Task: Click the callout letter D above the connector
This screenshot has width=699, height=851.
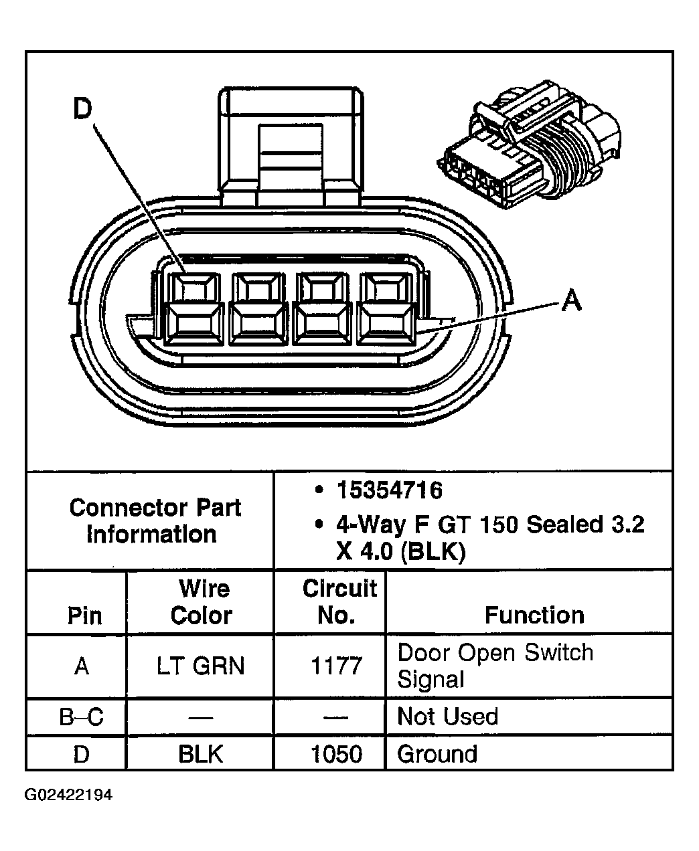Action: [82, 108]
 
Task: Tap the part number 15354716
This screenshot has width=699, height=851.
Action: [389, 490]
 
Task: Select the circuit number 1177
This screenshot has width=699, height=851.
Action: [336, 666]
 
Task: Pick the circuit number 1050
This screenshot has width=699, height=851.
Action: [336, 754]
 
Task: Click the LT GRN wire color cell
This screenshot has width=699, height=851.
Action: [201, 666]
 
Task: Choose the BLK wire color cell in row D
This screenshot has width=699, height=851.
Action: [201, 754]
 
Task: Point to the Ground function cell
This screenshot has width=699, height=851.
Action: [437, 754]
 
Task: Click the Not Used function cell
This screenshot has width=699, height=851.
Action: [447, 717]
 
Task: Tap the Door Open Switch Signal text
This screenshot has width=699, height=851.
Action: [495, 666]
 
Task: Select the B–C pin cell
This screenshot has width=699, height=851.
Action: [82, 717]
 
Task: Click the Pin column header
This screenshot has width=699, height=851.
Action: [85, 616]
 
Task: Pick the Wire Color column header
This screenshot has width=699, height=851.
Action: [202, 602]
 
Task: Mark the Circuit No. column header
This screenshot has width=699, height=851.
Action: [339, 601]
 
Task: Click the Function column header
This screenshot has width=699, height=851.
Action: [534, 616]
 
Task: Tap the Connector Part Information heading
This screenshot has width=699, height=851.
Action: [154, 521]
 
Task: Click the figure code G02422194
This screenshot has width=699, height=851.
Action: [68, 795]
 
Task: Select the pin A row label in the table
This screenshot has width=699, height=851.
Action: [82, 666]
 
